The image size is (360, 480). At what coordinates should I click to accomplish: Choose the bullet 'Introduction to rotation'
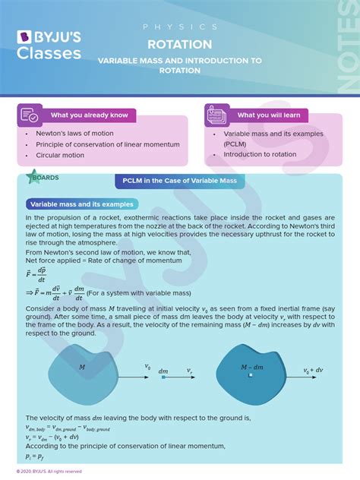point(260,154)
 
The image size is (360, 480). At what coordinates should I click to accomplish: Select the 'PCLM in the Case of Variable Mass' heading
point(179,182)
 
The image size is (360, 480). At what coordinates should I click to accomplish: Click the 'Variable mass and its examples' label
point(81,204)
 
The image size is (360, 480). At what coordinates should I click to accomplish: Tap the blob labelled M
point(83,371)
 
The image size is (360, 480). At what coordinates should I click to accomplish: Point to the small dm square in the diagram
point(163,377)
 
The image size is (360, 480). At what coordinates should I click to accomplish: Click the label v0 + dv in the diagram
point(316,371)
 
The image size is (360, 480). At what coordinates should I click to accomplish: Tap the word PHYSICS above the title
point(179,27)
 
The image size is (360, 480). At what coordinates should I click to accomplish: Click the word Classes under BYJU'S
point(49,54)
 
